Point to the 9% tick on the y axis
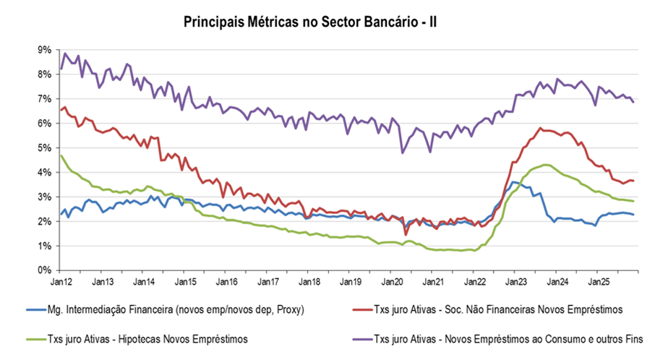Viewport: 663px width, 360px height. [x=44, y=49]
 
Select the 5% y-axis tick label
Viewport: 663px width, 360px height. [x=44, y=147]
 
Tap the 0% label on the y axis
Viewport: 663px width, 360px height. [x=44, y=270]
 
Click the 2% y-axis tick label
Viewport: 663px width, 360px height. [x=44, y=221]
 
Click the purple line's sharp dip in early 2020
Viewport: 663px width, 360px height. [x=402, y=153]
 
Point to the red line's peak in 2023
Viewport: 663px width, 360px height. [x=540, y=128]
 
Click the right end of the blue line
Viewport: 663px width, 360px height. [x=634, y=214]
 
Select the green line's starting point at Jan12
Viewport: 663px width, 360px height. [x=61, y=155]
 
